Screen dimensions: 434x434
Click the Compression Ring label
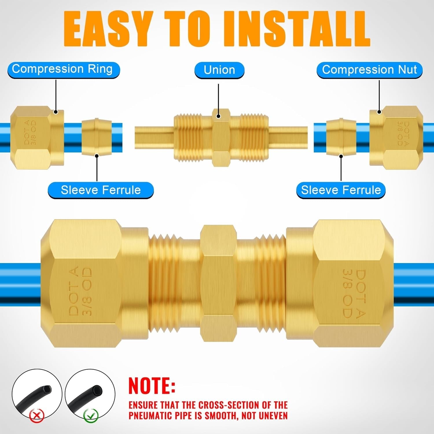[x=62, y=69]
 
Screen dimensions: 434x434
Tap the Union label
[x=219, y=70]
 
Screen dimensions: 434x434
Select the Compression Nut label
[x=369, y=70]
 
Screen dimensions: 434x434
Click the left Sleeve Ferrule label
[x=100, y=190]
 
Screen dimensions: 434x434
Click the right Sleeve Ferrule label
[x=341, y=190]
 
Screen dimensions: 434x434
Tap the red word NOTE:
[x=152, y=386]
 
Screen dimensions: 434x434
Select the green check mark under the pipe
[x=91, y=416]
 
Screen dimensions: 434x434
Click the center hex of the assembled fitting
[x=218, y=284]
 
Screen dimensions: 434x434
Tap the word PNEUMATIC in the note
[x=160, y=415]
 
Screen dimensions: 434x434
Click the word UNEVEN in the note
[x=273, y=415]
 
